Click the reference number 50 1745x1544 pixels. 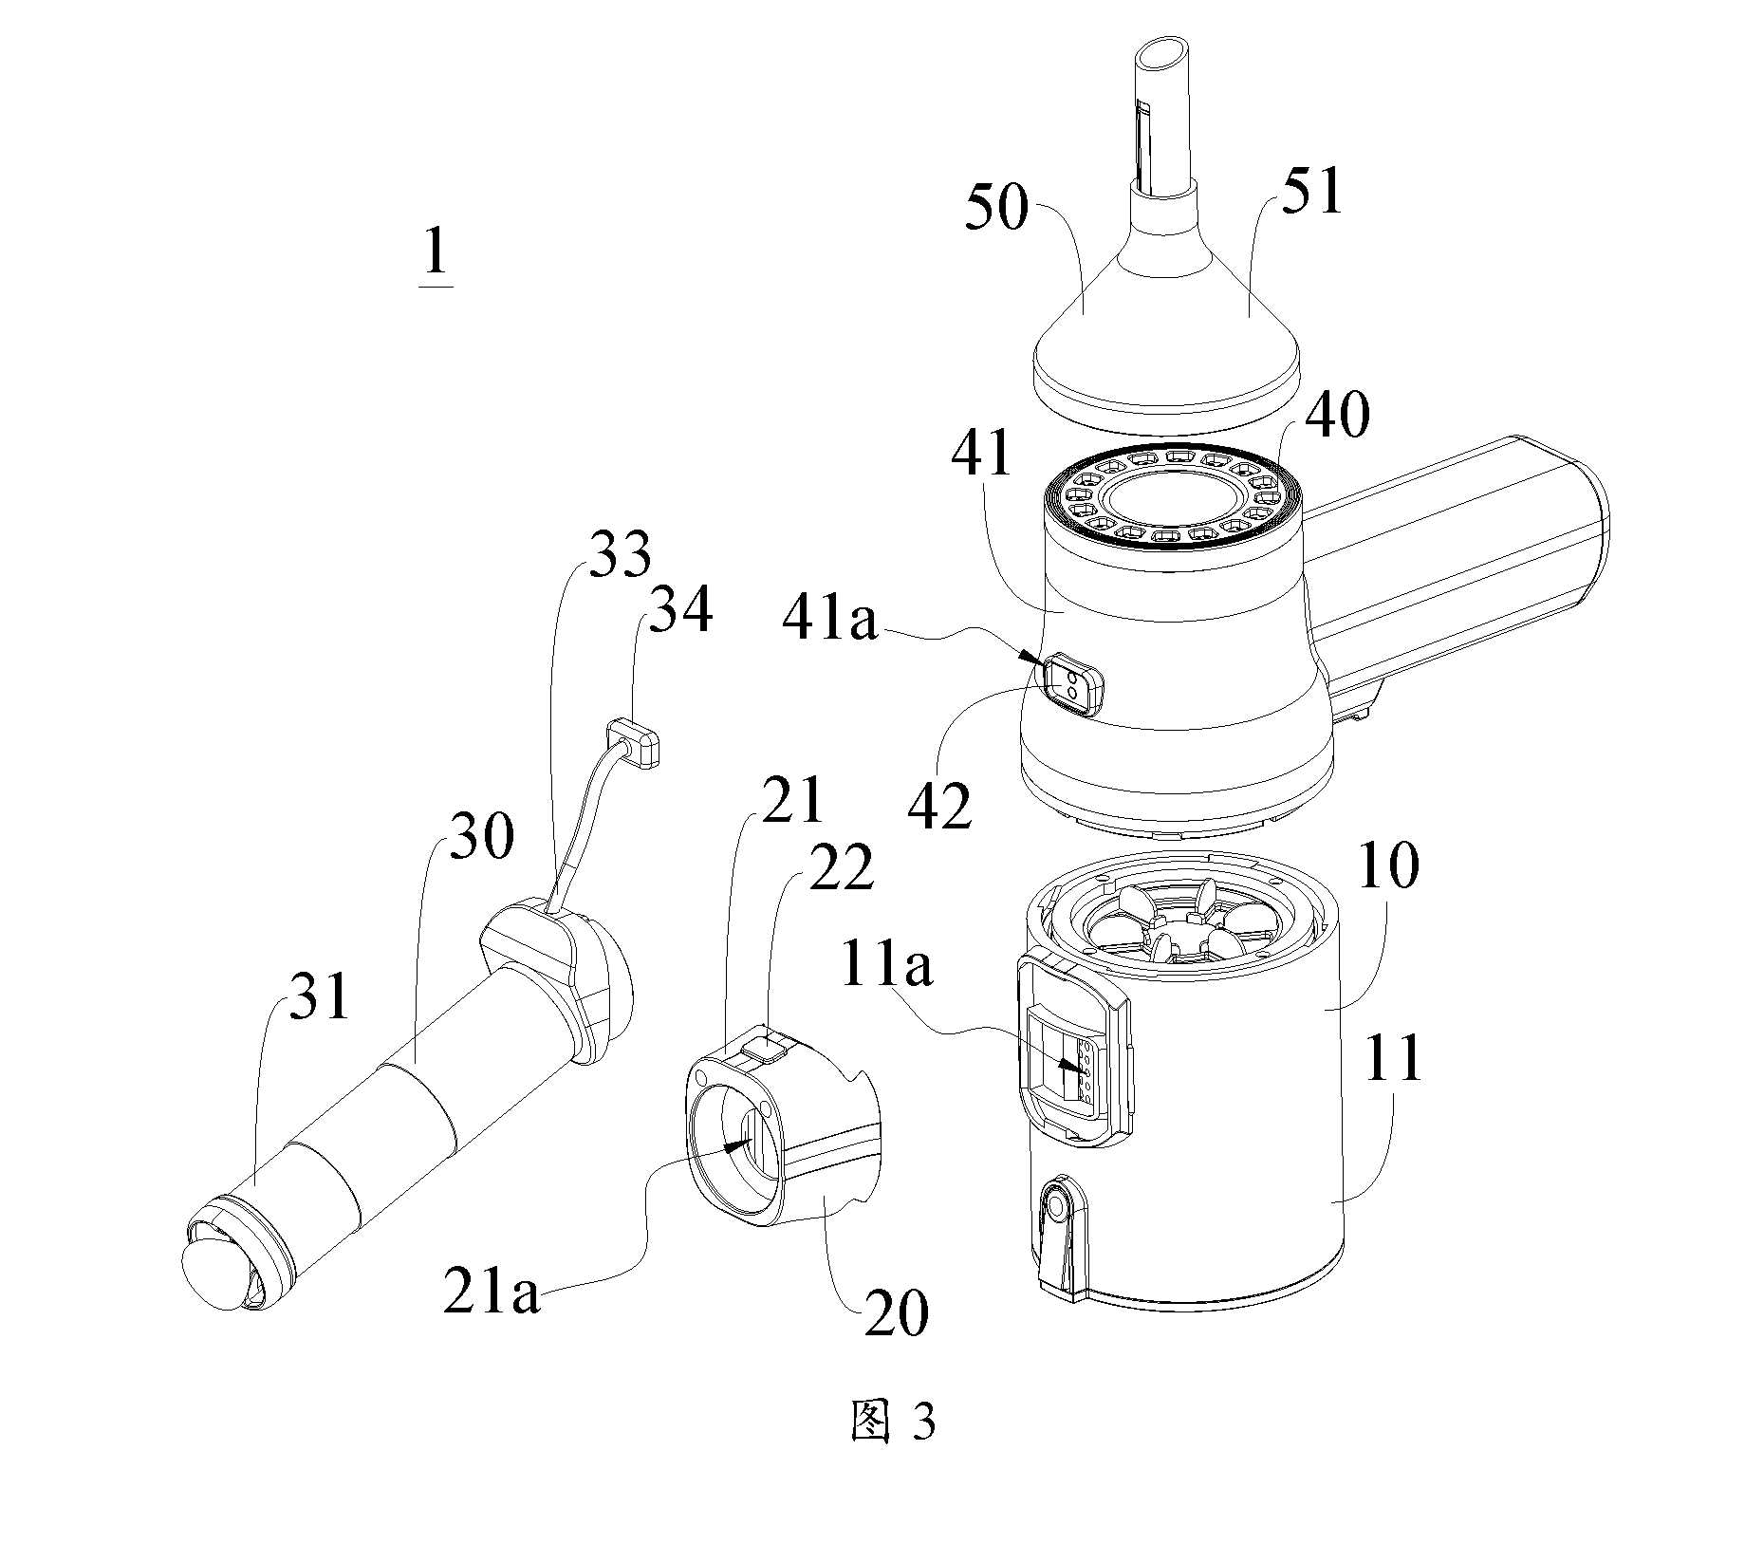point(996,208)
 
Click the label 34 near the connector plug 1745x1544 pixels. point(679,609)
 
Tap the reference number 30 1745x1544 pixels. point(482,836)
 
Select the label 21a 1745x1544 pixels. point(492,1291)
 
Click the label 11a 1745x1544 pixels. point(886,967)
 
